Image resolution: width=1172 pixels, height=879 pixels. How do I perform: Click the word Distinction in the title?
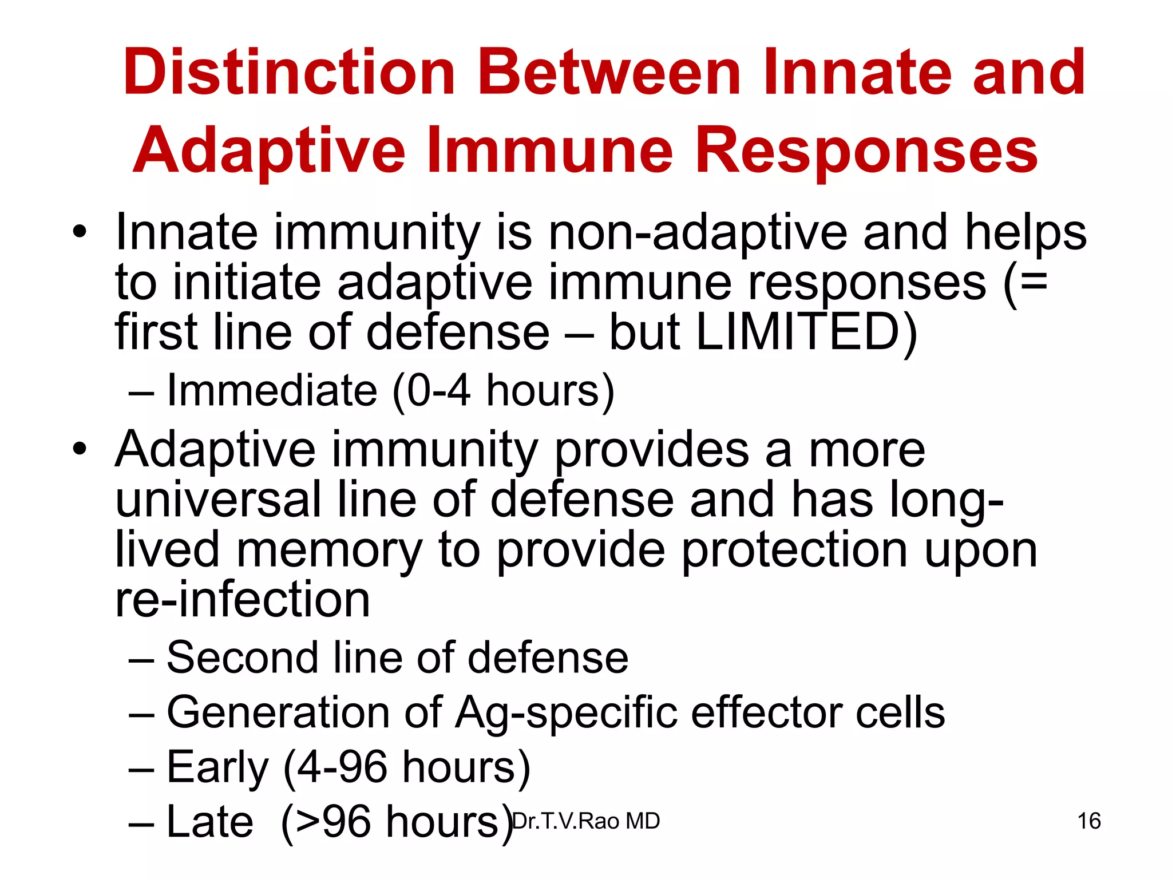click(289, 73)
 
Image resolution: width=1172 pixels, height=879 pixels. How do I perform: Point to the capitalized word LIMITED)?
click(806, 332)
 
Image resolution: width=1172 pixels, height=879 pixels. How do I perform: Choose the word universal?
click(218, 500)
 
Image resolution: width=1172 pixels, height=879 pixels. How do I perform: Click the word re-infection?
click(242, 600)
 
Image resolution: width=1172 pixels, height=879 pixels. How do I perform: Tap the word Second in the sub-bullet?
click(242, 658)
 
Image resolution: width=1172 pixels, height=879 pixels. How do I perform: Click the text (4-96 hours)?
click(407, 767)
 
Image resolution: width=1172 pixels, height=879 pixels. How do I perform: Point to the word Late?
click(209, 822)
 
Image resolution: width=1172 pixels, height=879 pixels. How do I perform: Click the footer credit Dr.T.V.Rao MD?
click(585, 821)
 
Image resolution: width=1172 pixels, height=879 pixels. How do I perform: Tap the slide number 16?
click(1088, 821)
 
